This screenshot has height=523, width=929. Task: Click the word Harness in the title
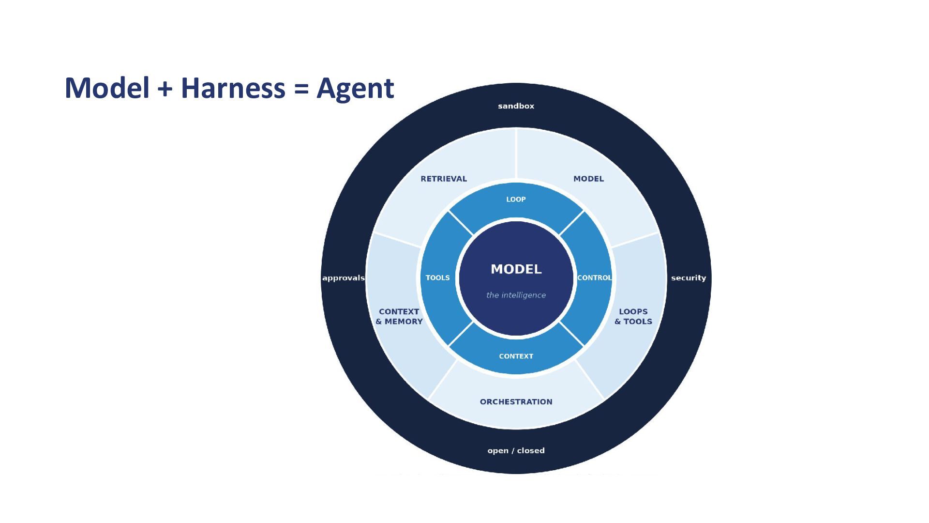pyautogui.click(x=233, y=88)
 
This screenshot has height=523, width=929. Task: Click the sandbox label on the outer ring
pyautogui.click(x=516, y=106)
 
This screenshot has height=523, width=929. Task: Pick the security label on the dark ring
pyautogui.click(x=689, y=278)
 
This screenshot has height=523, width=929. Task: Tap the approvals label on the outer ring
pyautogui.click(x=344, y=278)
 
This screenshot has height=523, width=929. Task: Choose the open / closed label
pyautogui.click(x=516, y=450)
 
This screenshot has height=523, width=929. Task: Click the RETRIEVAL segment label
pyautogui.click(x=444, y=179)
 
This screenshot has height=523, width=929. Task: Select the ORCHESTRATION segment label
pyautogui.click(x=516, y=402)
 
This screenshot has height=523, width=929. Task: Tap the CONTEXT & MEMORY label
pyautogui.click(x=399, y=317)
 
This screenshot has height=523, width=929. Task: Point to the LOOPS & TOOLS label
pyautogui.click(x=633, y=317)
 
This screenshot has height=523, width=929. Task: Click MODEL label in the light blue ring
pyautogui.click(x=589, y=179)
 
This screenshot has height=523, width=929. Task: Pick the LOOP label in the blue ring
pyautogui.click(x=516, y=200)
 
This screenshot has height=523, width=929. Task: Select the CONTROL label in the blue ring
pyautogui.click(x=595, y=278)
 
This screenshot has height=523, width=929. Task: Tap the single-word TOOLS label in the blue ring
pyautogui.click(x=438, y=278)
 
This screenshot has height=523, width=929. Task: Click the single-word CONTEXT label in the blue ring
pyautogui.click(x=516, y=356)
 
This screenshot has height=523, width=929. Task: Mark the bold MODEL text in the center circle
pyautogui.click(x=516, y=269)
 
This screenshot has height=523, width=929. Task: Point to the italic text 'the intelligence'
pyautogui.click(x=516, y=295)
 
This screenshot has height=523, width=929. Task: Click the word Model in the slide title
pyautogui.click(x=107, y=88)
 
